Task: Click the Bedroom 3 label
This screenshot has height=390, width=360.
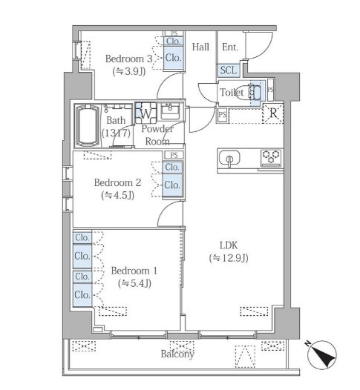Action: [x=128, y=59]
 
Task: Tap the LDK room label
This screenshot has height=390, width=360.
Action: [x=229, y=245]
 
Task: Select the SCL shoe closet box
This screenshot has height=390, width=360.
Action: [x=229, y=70]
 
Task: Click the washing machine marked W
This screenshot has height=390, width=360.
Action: [x=146, y=113]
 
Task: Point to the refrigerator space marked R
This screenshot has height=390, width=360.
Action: [x=273, y=113]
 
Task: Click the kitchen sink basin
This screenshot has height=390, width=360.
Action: [x=229, y=158]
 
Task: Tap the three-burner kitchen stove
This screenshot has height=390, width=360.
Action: [x=271, y=157]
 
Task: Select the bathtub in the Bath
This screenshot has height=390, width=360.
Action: [x=87, y=126]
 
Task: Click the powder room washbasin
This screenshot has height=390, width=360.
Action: [x=171, y=111]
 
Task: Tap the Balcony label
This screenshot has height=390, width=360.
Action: [x=177, y=354]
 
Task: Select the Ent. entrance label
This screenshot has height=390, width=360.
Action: [x=230, y=47]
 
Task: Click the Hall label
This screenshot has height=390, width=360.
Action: [x=200, y=47]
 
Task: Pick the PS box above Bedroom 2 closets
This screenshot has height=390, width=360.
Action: [x=174, y=155]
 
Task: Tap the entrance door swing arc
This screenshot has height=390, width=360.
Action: [x=267, y=51]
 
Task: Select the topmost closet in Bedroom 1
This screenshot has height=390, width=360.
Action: [x=82, y=237]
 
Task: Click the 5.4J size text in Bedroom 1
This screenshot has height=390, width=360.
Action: [x=134, y=283]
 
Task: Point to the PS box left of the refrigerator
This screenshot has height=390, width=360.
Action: [x=223, y=115]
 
